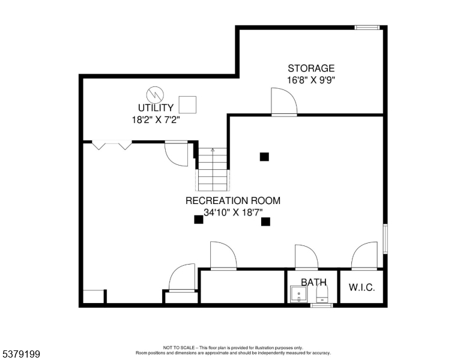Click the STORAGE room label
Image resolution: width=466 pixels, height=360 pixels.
(x=310, y=68)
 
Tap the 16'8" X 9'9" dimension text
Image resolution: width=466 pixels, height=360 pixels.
(x=310, y=80)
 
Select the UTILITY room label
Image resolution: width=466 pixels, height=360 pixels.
(x=156, y=108)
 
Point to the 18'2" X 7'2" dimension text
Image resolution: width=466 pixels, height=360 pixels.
(x=156, y=119)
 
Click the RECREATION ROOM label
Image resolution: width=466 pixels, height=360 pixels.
(x=232, y=201)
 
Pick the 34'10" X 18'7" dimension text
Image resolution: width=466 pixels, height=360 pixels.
(x=232, y=212)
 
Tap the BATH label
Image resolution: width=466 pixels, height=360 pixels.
(x=313, y=282)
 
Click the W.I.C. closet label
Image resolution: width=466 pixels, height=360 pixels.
(x=362, y=287)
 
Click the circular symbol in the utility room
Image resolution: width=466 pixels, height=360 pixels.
(x=155, y=94)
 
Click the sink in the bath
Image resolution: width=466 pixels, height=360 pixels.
(x=298, y=295)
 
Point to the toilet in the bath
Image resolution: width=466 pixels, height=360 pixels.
(x=322, y=293)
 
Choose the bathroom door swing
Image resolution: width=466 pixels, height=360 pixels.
(x=306, y=257)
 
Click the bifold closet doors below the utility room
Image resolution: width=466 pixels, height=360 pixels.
(x=112, y=145)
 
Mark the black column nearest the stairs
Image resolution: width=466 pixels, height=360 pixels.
(x=264, y=157)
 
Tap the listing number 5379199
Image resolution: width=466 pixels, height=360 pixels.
(x=20, y=355)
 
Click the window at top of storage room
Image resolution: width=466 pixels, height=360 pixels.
(x=367, y=27)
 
